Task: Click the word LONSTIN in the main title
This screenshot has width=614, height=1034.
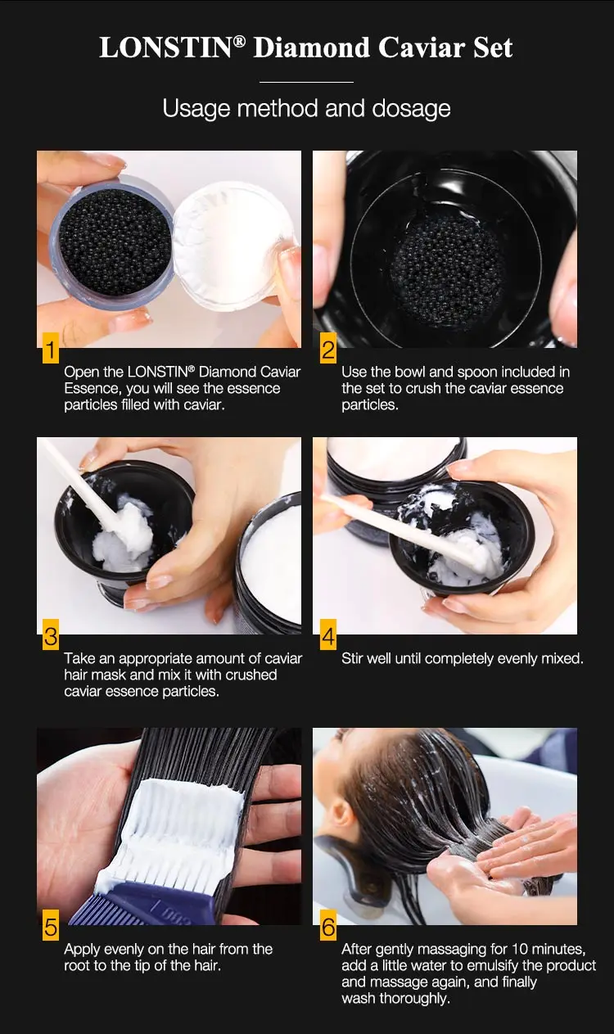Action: pos(166,47)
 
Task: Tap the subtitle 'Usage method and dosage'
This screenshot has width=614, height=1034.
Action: pos(306,108)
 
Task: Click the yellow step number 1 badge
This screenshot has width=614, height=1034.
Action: pos(51,350)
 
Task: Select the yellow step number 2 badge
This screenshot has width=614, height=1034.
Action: pos(327,350)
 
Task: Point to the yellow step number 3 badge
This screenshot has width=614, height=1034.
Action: pos(51,636)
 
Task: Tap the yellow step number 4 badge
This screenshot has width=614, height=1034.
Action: pos(327,636)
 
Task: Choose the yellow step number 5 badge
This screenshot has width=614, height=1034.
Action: pos(51,928)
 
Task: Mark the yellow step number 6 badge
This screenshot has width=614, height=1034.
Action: pos(327,928)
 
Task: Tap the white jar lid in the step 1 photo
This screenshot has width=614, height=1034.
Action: pos(233,242)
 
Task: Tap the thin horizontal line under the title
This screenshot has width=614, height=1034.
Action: pos(306,82)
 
